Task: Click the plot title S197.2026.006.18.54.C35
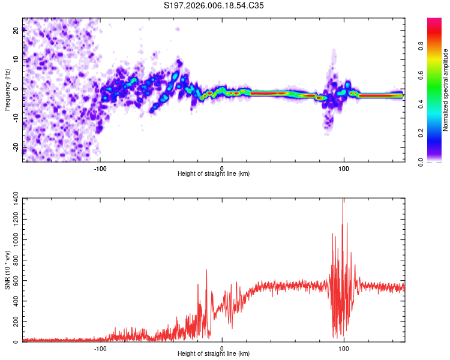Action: point(214,5)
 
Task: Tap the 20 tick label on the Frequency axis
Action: point(16,31)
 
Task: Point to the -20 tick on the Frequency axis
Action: point(16,147)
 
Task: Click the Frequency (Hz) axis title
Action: point(7,89)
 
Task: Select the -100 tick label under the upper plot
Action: point(100,169)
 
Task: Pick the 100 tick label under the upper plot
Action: point(344,169)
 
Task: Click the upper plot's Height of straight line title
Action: point(214,173)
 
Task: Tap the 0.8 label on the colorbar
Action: point(421,46)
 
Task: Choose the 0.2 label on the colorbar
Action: point(421,133)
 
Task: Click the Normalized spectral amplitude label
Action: point(445,89)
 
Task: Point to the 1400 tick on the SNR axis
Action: point(16,199)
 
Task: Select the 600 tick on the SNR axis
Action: point(16,280)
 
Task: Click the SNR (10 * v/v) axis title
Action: point(7,270)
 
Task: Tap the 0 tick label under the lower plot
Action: point(222,349)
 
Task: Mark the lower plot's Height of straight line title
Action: point(214,353)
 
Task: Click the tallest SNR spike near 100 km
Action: point(343,200)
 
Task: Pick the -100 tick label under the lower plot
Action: point(100,349)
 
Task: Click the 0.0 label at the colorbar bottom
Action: point(421,162)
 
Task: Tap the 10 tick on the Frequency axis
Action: point(16,60)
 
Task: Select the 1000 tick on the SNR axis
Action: point(16,239)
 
